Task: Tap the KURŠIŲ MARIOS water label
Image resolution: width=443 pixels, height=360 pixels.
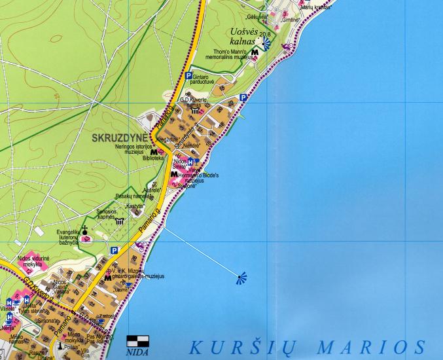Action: coord(308,346)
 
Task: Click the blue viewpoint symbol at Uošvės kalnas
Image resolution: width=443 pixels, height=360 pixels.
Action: coord(267,45)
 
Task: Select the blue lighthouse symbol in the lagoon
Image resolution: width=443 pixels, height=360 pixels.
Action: coord(242,278)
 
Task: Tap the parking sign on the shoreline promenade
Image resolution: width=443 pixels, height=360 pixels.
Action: coord(243,98)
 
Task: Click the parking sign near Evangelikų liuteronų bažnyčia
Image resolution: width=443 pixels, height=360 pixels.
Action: coord(115,250)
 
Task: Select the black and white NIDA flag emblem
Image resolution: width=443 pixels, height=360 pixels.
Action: coord(137,341)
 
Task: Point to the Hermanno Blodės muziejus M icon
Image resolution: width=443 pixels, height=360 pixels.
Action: coord(174,175)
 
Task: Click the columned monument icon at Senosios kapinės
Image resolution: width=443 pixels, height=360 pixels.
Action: coord(119,221)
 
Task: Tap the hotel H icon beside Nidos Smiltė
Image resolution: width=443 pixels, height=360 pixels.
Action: coord(190,161)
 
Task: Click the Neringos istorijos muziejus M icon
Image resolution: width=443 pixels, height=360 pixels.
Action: coord(154,151)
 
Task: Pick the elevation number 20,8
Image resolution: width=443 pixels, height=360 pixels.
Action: coord(265,33)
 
